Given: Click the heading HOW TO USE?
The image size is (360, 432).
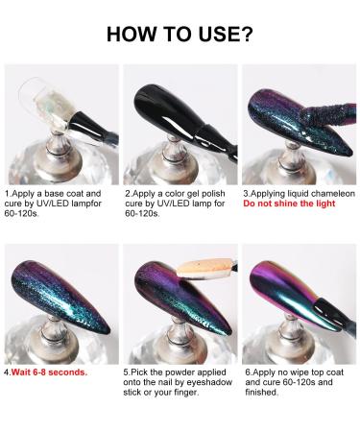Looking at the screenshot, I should pyautogui.click(x=180, y=36).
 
